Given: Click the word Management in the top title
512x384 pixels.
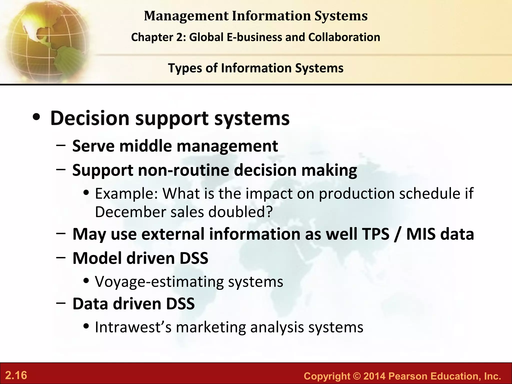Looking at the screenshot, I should [186, 16].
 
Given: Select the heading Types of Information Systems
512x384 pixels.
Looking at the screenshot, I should [256, 68].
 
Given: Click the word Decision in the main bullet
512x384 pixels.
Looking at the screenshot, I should [90, 118].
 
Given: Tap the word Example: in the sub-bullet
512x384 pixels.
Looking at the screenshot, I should [126, 193].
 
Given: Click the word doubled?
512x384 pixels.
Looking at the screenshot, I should [240, 212].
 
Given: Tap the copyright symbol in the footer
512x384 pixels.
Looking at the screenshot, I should [357, 376].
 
